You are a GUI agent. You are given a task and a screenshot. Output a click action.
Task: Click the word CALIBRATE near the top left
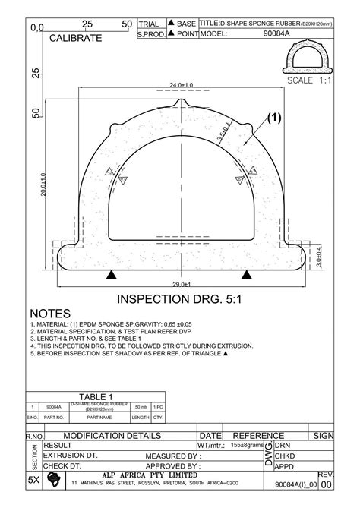[75, 37]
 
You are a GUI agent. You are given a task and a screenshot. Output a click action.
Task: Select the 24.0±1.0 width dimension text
[182, 84]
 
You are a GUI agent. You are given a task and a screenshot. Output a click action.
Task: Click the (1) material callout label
[273, 118]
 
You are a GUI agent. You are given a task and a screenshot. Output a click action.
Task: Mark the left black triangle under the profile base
[112, 273]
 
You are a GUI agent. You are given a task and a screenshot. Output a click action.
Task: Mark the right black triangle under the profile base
[247, 273]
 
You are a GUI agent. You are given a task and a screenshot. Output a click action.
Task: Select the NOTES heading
[50, 314]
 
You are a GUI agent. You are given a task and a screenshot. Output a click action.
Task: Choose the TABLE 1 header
[96, 397]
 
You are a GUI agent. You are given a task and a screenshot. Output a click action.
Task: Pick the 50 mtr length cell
[141, 407]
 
